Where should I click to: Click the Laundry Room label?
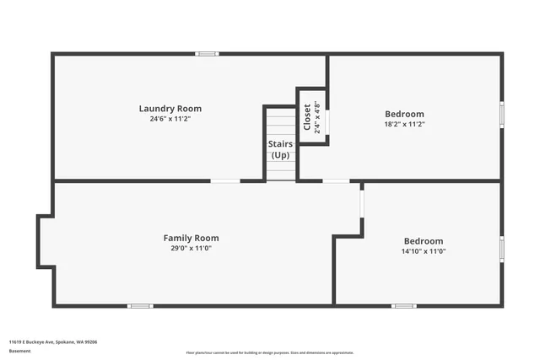click(x=170, y=108)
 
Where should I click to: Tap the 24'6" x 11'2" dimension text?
click(x=170, y=119)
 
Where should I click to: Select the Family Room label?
click(x=191, y=238)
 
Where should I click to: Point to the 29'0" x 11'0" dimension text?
click(x=191, y=249)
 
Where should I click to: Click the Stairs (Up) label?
click(x=280, y=149)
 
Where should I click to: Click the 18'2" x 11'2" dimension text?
click(x=404, y=124)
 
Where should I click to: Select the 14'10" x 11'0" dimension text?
click(x=423, y=251)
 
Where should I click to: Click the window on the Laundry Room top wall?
click(x=207, y=54)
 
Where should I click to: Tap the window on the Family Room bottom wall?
click(x=140, y=305)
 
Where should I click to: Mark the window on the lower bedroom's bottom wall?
click(x=404, y=305)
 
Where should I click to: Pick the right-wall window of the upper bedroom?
click(x=501, y=115)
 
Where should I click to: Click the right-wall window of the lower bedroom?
click(x=501, y=249)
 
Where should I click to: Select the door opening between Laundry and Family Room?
click(x=225, y=180)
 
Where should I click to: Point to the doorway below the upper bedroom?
click(x=336, y=180)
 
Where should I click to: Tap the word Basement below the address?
click(x=20, y=351)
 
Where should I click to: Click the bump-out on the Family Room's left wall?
click(x=46, y=241)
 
